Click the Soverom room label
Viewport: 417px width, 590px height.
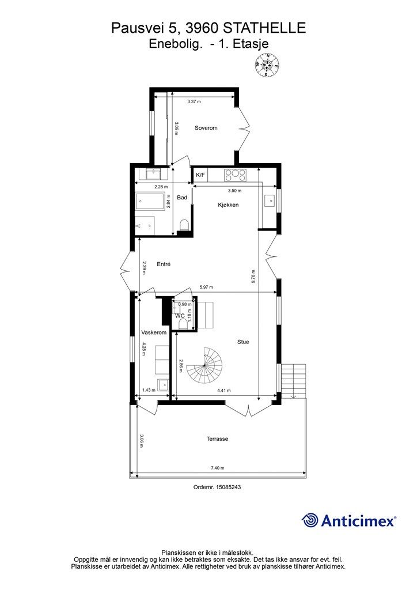tap(206, 128)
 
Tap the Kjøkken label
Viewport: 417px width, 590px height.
tap(228, 205)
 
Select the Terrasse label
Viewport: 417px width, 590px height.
tap(217, 438)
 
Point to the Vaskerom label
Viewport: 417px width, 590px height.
tap(154, 332)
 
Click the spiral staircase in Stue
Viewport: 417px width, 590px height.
tap(205, 365)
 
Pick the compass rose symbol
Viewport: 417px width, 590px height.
tap(267, 65)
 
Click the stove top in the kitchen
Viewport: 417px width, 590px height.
tap(236, 175)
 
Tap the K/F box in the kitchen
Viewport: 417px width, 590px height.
tap(200, 175)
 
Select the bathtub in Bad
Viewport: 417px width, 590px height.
tap(150, 201)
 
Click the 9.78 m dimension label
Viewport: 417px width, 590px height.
tap(253, 277)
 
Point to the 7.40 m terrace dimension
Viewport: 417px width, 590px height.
tap(217, 468)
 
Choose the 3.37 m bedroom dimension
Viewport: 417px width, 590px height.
tap(194, 101)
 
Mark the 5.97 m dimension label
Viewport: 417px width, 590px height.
tap(206, 288)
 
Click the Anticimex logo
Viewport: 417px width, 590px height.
tap(348, 521)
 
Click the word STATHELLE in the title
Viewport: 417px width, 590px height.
tap(264, 28)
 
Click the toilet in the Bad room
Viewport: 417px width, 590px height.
tap(184, 225)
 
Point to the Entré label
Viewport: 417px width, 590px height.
tap(164, 264)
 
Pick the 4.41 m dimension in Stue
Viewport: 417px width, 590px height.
tap(223, 391)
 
